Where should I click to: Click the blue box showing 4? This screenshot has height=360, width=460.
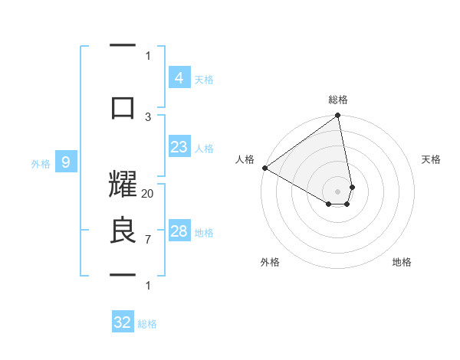pyautogui.click(x=179, y=78)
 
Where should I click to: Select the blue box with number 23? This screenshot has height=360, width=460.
pyautogui.click(x=179, y=148)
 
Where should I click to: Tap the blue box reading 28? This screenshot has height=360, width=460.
pyautogui.click(x=179, y=232)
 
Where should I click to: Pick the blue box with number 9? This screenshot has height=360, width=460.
pyautogui.click(x=67, y=162)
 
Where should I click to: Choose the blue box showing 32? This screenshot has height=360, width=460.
pyautogui.click(x=123, y=322)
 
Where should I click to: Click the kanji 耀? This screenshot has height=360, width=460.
pyautogui.click(x=123, y=188)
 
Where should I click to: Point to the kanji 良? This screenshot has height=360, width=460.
pyautogui.click(x=123, y=232)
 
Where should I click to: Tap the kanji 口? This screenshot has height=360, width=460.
pyautogui.click(x=123, y=108)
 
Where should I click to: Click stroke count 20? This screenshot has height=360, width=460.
pyautogui.click(x=148, y=194)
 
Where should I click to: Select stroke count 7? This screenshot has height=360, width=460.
pyautogui.click(x=148, y=240)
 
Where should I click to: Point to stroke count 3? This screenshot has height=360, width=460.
pyautogui.click(x=148, y=116)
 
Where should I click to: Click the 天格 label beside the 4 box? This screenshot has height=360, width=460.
pyautogui.click(x=204, y=79)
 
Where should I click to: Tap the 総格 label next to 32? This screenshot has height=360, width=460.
pyautogui.click(x=147, y=324)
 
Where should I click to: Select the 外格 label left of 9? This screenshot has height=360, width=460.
pyautogui.click(x=41, y=163)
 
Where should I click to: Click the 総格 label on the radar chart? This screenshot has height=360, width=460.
pyautogui.click(x=338, y=100)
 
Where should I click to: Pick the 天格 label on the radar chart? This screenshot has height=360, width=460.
pyautogui.click(x=432, y=159)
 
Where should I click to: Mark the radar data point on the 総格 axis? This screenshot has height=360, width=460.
pyautogui.click(x=337, y=116)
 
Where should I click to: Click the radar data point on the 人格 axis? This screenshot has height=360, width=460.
pyautogui.click(x=264, y=168)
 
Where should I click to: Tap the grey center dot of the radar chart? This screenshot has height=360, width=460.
pyautogui.click(x=337, y=191)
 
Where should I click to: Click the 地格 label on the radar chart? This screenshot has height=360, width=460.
pyautogui.click(x=402, y=262)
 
